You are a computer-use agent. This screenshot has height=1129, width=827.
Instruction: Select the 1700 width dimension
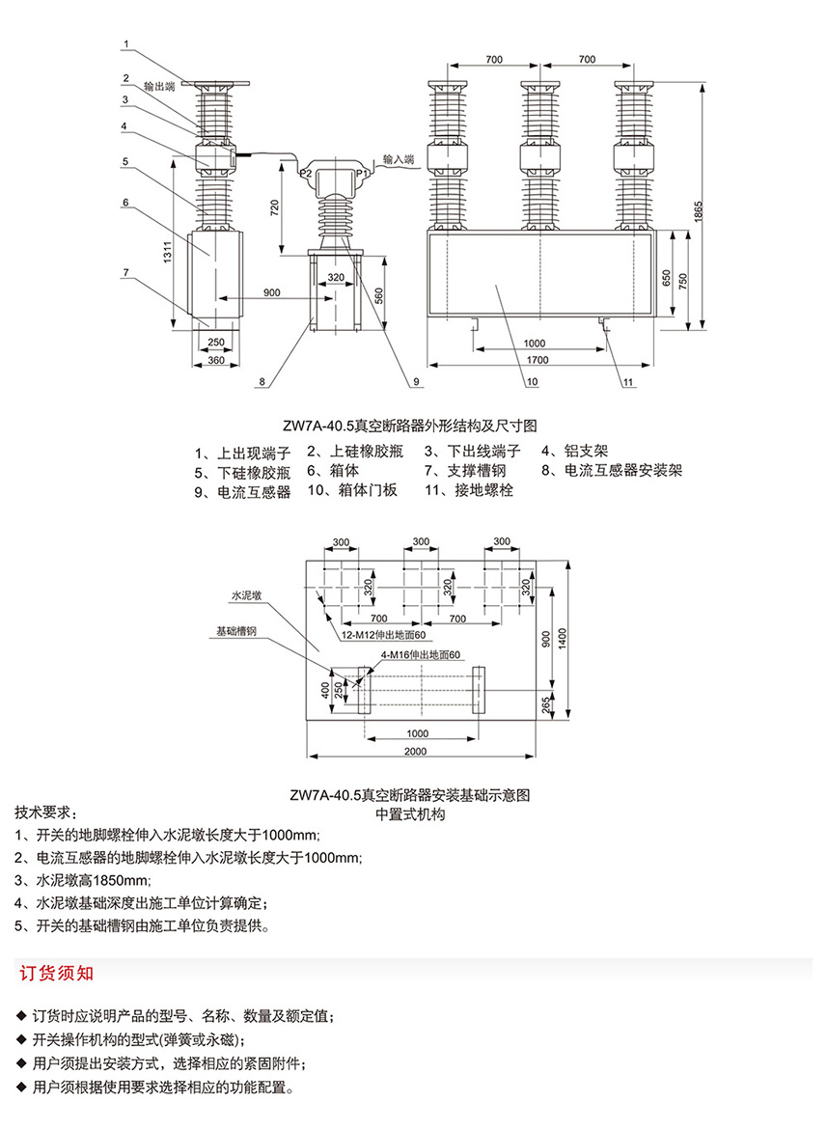click(538, 360)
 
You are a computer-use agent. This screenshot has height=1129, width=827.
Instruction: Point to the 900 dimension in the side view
click(271, 291)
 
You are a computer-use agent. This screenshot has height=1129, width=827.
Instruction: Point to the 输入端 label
click(398, 158)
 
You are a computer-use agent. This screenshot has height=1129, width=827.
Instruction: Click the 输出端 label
click(159, 85)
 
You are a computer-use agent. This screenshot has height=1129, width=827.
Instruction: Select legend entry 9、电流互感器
click(242, 492)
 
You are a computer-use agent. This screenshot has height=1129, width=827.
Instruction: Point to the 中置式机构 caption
click(410, 813)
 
